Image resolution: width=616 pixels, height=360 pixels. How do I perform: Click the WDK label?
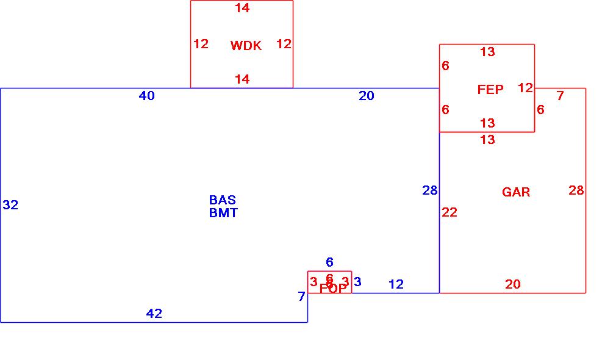coord(246,46)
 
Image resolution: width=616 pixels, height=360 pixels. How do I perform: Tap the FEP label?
coord(490,90)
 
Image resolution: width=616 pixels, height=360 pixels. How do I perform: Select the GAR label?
coord(516,192)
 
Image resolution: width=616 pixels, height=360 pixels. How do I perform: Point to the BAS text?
coord(223,200)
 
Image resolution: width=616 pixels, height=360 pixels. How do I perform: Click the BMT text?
coord(223,213)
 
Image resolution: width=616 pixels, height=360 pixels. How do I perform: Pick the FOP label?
coord(332,289)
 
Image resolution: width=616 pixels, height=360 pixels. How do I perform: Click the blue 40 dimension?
coord(147,96)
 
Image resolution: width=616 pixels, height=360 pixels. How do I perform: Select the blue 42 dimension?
coord(154,314)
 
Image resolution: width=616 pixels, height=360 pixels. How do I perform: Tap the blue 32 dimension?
coord(10,205)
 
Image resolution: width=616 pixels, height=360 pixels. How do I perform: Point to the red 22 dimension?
coord(449,212)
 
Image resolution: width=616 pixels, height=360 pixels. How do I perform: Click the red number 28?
coord(576,190)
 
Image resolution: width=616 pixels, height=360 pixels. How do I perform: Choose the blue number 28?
coord(430,190)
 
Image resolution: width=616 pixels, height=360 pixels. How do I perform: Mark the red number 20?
coord(513,284)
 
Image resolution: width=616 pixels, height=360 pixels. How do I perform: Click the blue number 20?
coord(367,96)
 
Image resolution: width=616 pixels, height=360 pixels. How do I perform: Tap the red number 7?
coord(560,96)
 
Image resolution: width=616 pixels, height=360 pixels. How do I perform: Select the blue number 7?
coord(301,297)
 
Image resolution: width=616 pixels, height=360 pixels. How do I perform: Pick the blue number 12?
coord(396,284)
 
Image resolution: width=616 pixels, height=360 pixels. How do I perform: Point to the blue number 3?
coord(357,282)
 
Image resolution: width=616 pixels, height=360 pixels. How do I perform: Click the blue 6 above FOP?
coord(329,262)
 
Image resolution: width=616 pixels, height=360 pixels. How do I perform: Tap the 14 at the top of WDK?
coord(242,8)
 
